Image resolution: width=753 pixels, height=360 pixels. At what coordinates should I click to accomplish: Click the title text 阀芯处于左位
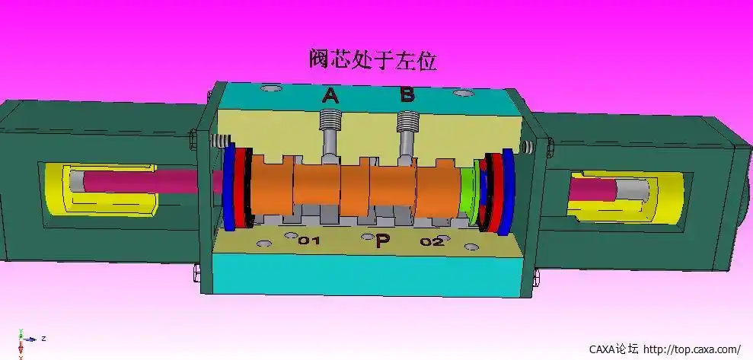click(373, 59)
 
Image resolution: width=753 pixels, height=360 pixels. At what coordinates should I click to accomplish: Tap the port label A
click(330, 95)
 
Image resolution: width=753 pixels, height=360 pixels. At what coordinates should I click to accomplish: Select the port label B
click(407, 94)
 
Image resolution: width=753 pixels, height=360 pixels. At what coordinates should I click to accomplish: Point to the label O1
click(308, 241)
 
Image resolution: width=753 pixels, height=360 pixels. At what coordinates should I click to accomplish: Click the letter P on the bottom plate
click(383, 242)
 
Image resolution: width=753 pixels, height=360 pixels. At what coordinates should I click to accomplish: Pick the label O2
click(432, 241)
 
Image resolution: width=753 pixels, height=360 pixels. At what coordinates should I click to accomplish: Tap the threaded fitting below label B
click(408, 121)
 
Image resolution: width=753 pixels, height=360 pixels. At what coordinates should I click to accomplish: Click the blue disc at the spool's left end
click(228, 186)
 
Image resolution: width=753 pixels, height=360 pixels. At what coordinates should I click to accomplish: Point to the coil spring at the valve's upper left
click(221, 141)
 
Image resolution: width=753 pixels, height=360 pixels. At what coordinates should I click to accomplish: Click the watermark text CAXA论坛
click(614, 349)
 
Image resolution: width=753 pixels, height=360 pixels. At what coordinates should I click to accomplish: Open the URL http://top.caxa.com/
click(691, 349)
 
